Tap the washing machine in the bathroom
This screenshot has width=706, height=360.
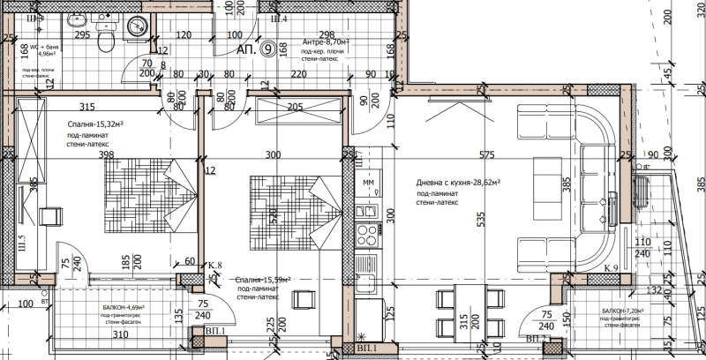(137, 26)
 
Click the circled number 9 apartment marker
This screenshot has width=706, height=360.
(267, 50)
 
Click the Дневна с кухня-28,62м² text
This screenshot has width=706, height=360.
(459, 182)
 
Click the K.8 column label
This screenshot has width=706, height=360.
(214, 264)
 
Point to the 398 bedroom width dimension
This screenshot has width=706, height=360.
(108, 155)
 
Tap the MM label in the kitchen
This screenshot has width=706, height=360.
(369, 182)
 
